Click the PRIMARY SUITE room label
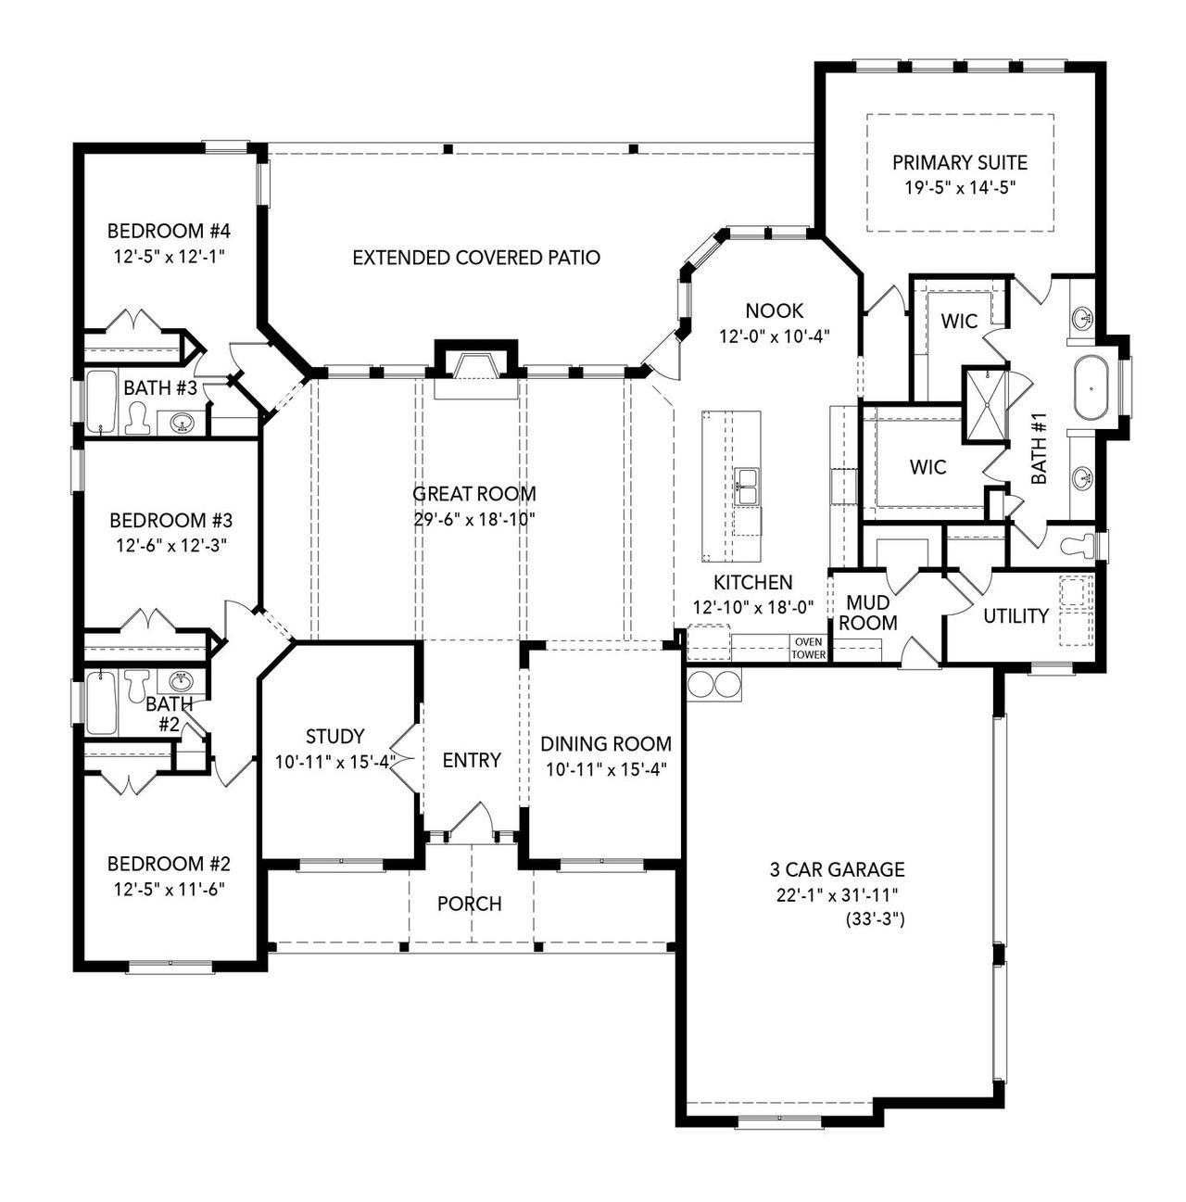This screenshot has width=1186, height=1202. pyautogui.click(x=959, y=163)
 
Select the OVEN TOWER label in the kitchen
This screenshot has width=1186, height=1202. pyautogui.click(x=808, y=648)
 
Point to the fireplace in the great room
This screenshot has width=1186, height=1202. pyautogui.click(x=475, y=363)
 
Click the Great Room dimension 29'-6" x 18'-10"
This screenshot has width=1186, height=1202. pyautogui.click(x=474, y=519)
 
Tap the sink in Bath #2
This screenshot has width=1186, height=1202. pyautogui.click(x=180, y=681)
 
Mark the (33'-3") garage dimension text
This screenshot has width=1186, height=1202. pyautogui.click(x=875, y=920)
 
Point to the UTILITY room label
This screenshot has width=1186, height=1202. pyautogui.click(x=1016, y=616)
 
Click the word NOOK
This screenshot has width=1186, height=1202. pyautogui.click(x=774, y=311)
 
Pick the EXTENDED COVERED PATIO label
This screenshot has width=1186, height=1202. pyautogui.click(x=476, y=258)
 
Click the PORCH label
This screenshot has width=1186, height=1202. pyautogui.click(x=469, y=904)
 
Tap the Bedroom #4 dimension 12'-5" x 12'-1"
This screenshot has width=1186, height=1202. pyautogui.click(x=168, y=254)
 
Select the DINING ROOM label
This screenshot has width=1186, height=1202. pyautogui.click(x=606, y=743)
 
